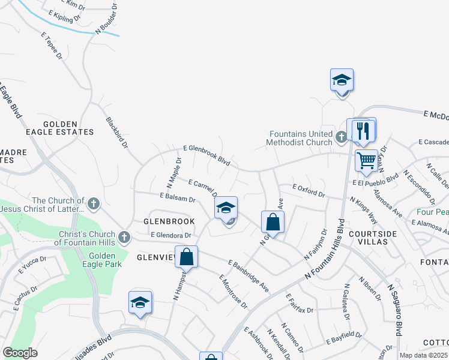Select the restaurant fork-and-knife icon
[363, 130]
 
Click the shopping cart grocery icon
[366, 160]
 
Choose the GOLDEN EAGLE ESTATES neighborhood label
[59, 131]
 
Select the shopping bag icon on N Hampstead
[187, 257]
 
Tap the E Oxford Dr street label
[308, 191]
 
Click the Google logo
[20, 352]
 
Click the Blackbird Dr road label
[118, 132]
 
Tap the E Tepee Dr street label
[52, 46]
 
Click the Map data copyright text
[423, 355]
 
